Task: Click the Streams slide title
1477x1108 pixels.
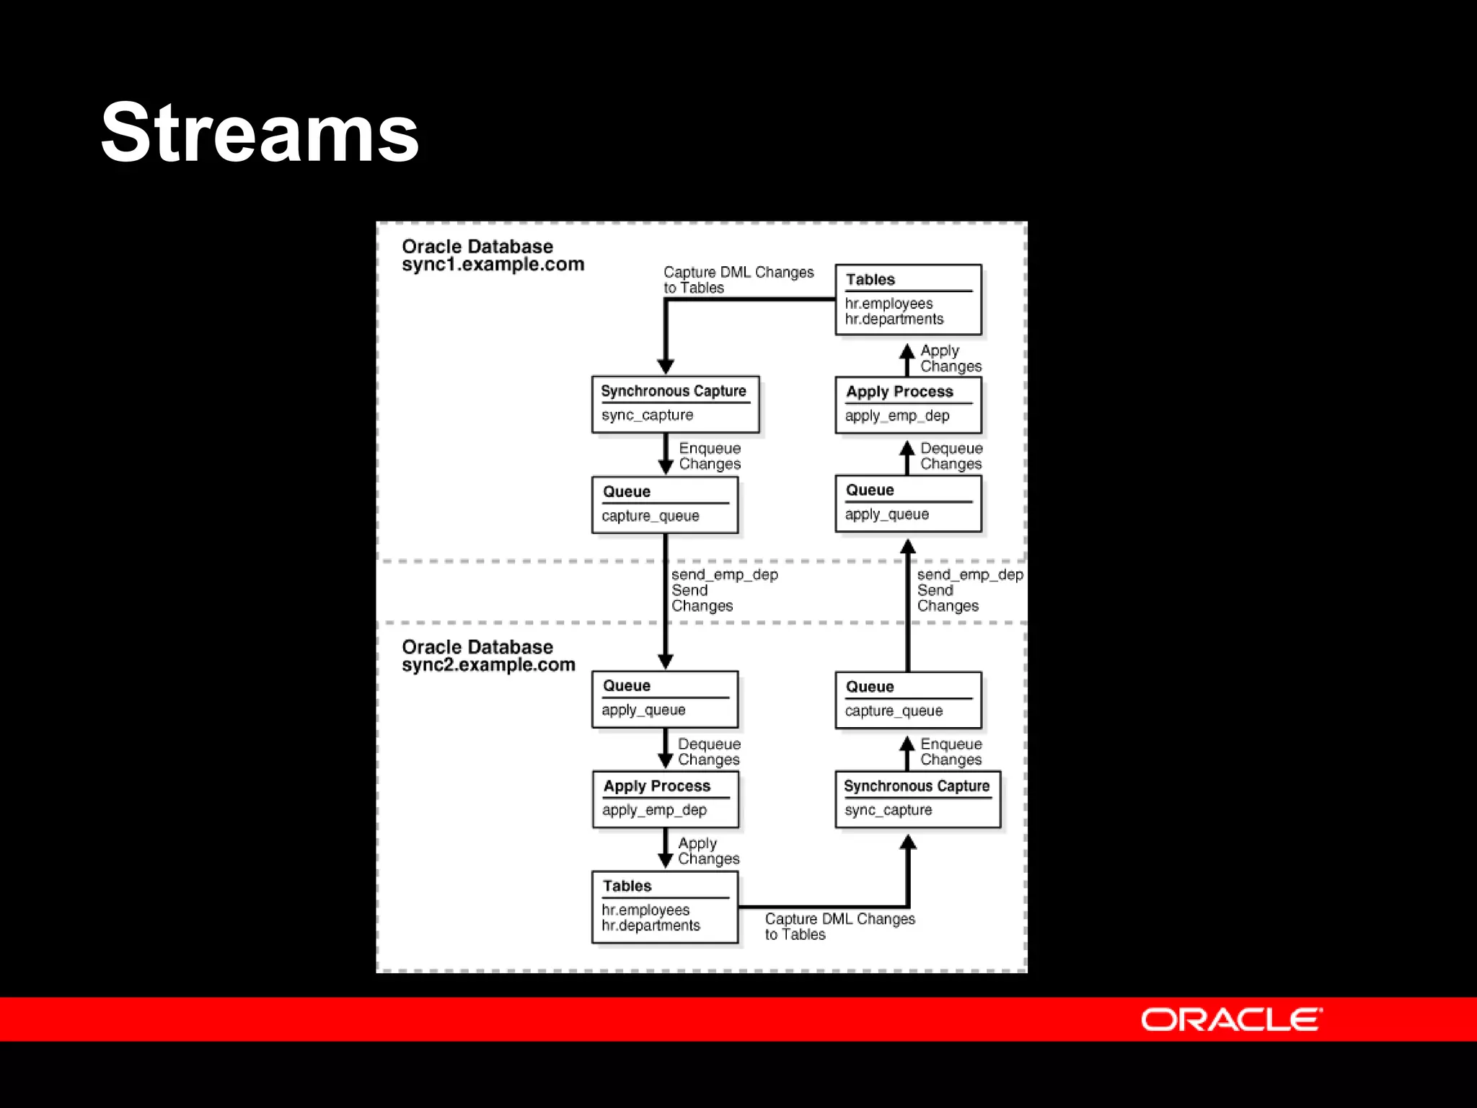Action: [260, 133]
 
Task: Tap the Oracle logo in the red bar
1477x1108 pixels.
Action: [1231, 1019]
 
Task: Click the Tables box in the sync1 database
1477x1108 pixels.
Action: [908, 299]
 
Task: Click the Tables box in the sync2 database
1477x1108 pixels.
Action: [665, 907]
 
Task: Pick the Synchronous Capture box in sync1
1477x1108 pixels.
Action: [675, 404]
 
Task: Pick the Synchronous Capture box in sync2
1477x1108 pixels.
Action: [917, 799]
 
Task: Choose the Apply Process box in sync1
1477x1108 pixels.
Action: [908, 404]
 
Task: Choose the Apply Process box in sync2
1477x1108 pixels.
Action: [665, 799]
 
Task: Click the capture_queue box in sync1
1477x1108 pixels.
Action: [665, 504]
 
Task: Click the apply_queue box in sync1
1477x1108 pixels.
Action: [908, 503]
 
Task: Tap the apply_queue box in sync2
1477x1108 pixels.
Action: [665, 699]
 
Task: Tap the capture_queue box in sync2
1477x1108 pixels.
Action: [908, 700]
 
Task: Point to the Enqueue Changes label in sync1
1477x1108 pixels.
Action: [710, 456]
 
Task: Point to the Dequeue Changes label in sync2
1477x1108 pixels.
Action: [709, 752]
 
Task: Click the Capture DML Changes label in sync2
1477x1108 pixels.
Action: [839, 926]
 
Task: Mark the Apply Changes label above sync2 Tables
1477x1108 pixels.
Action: [708, 851]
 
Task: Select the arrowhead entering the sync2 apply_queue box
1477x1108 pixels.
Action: [666, 661]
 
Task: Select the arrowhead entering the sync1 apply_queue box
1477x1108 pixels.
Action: [908, 547]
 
